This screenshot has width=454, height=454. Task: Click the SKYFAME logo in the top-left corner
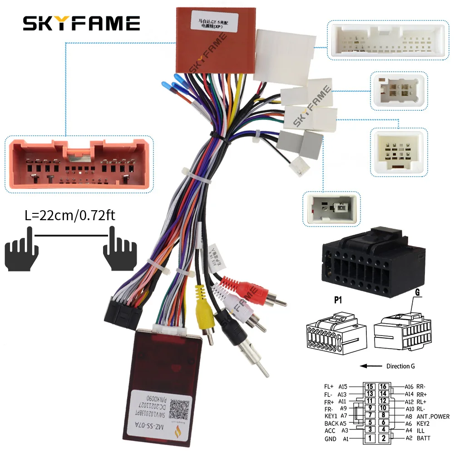point(82,23)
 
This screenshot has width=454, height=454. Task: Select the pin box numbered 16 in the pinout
point(384,386)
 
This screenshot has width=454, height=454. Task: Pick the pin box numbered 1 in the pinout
point(370,439)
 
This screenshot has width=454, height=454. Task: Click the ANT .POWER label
point(433,416)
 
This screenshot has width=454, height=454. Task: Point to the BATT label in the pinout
point(423,439)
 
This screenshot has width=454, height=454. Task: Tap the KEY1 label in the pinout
point(331,416)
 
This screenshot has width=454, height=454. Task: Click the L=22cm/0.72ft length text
point(70,214)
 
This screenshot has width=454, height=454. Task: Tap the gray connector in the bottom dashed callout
point(331,208)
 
